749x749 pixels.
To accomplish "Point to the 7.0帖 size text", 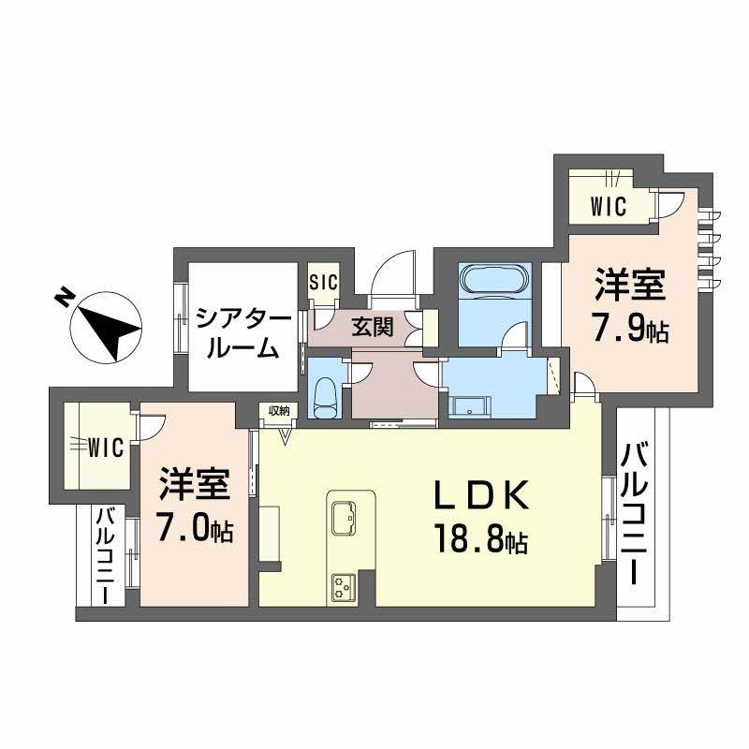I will coord(195,531).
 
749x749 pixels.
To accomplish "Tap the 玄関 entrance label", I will coord(372,328).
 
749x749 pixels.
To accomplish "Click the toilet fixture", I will coord(326,397).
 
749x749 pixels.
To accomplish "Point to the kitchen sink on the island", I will coord(345,516).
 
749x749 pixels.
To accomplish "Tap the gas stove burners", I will coord(340,586).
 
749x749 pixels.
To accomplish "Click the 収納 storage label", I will coord(278,410).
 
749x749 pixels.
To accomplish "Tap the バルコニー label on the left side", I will coord(105,553).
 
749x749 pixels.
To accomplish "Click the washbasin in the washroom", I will coord(469,405).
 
